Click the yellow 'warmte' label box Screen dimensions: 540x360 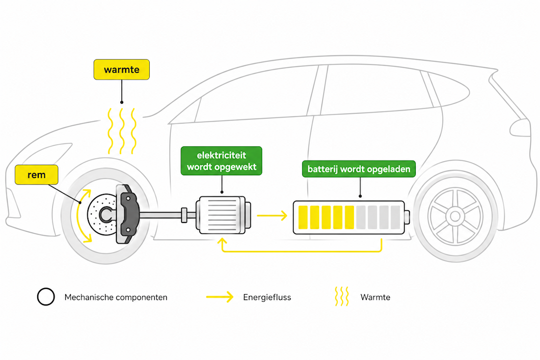122,70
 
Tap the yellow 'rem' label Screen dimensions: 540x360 36,175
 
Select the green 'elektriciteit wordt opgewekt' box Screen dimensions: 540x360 221,161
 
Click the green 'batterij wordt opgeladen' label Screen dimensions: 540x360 359,169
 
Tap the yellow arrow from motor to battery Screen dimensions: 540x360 272,216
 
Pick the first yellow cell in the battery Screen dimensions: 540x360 303,217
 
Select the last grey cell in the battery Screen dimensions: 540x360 396,217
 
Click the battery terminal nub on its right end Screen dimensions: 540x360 407,217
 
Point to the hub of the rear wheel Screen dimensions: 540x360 455,217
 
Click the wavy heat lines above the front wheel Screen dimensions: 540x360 122,131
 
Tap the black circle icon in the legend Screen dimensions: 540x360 46,297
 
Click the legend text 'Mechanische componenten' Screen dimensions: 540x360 116,297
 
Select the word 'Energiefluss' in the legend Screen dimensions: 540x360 267,297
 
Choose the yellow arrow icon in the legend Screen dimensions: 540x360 220,297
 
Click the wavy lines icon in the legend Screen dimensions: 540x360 342,296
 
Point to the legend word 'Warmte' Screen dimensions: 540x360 376,297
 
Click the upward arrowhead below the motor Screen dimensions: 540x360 222,241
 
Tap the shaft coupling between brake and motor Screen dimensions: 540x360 184,215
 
